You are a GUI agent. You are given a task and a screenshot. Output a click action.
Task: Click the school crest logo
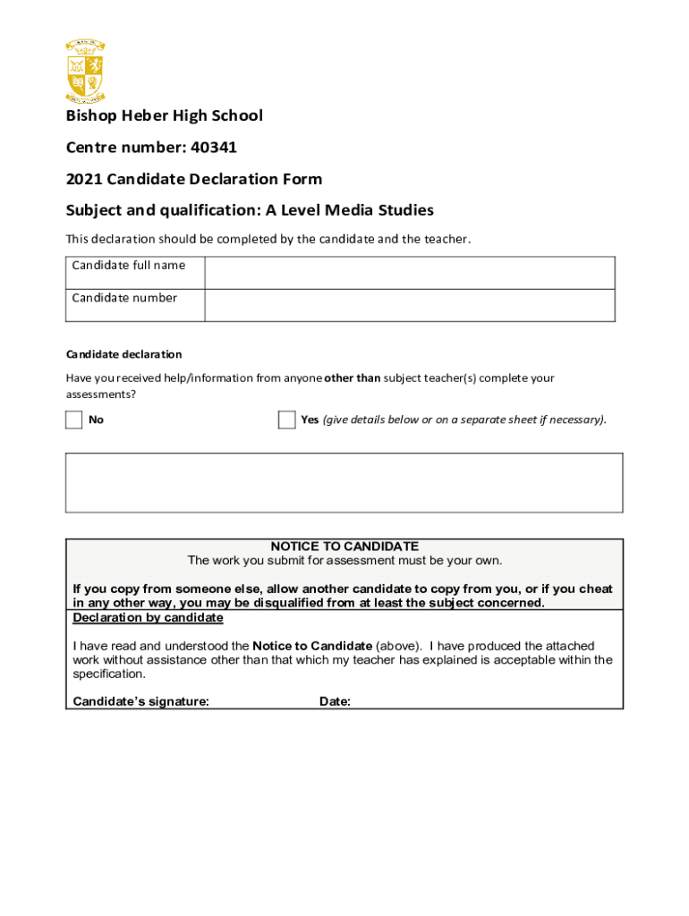(85, 71)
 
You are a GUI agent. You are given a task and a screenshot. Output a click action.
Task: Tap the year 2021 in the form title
(83, 179)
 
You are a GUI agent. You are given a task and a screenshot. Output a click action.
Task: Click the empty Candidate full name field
(409, 272)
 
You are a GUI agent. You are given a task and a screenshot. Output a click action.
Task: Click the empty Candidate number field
(409, 305)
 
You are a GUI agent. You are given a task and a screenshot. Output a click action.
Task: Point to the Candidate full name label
(129, 265)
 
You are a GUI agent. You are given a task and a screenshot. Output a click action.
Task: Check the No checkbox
(73, 420)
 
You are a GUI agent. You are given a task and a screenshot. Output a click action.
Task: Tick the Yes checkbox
(286, 420)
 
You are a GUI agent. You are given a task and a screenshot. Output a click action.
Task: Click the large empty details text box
(344, 482)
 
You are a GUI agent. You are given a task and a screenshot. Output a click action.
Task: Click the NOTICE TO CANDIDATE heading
(344, 546)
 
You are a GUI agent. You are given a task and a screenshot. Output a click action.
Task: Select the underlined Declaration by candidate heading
(148, 618)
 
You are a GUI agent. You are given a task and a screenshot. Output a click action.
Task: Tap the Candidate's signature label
(140, 702)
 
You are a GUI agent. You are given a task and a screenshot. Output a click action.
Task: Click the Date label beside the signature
(335, 702)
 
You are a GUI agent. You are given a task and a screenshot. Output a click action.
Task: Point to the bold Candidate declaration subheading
(123, 354)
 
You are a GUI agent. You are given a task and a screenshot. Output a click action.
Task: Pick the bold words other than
(353, 378)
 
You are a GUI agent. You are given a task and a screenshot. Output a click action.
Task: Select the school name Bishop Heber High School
(164, 115)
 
